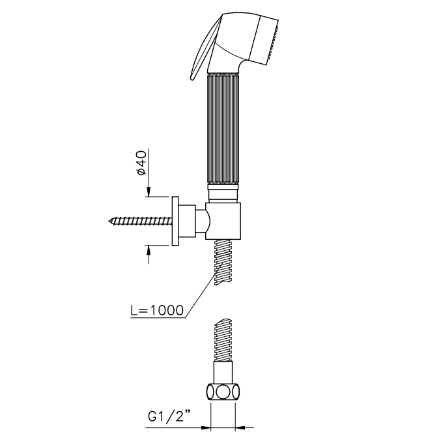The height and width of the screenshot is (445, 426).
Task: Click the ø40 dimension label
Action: click(x=141, y=163)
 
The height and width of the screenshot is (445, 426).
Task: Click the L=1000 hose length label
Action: click(x=157, y=310)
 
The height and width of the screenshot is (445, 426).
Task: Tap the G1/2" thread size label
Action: click(x=169, y=416)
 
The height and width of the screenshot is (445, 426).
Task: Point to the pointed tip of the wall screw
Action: click(x=109, y=220)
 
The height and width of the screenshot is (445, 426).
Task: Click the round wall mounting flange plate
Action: click(x=175, y=221)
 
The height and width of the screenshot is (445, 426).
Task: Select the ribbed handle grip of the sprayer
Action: click(x=223, y=129)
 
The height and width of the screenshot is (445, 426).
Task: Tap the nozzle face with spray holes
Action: click(x=273, y=42)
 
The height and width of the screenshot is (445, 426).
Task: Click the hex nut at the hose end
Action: click(x=223, y=392)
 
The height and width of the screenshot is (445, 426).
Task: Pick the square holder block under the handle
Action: click(x=223, y=221)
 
